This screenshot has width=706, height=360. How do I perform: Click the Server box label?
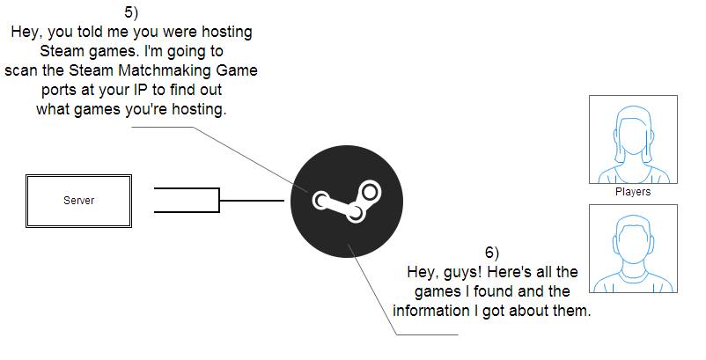[x=78, y=201]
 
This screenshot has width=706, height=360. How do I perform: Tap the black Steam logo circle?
[x=347, y=202]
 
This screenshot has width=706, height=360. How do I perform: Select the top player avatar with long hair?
[x=633, y=139]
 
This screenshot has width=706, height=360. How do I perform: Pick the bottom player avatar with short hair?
[x=633, y=249]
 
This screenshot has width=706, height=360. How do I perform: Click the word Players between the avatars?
[x=633, y=192]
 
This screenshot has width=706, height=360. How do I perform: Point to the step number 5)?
[x=131, y=12]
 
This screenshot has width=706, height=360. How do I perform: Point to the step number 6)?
[x=492, y=253]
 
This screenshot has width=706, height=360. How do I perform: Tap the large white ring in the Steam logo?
[x=369, y=191]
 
